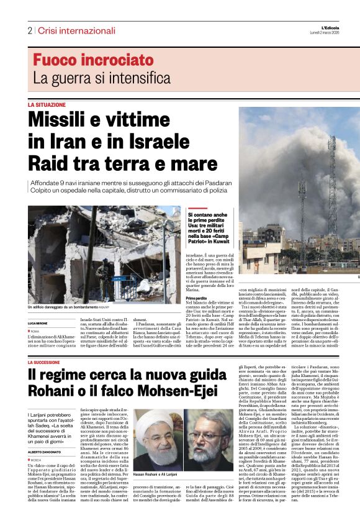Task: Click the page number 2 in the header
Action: [x=30, y=30]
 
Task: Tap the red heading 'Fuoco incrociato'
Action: [x=93, y=60]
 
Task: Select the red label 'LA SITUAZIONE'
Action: [x=47, y=105]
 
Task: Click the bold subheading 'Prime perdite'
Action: [x=197, y=299]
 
